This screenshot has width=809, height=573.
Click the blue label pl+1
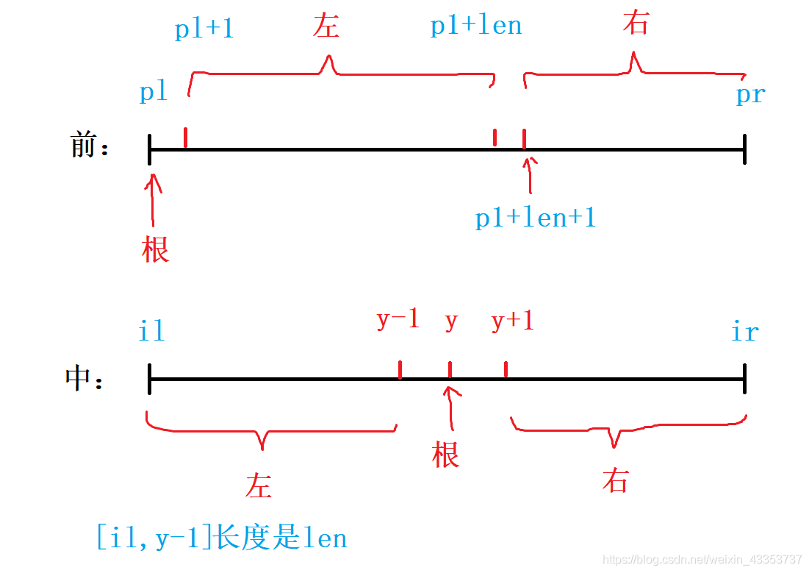click(204, 29)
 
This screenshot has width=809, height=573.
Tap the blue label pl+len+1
click(535, 218)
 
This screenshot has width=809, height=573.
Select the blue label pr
click(750, 95)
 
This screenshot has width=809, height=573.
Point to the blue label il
click(151, 332)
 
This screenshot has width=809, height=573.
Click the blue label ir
click(744, 332)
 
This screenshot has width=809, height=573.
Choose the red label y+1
click(512, 320)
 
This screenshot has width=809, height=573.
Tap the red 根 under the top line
click(155, 249)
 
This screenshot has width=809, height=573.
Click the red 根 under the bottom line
click(445, 455)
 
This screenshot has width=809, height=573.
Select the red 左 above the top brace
click(326, 26)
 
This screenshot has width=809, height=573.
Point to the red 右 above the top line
click(636, 24)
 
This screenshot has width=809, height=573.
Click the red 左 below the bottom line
click(259, 486)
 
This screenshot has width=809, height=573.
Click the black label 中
click(79, 378)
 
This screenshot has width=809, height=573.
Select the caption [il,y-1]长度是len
click(221, 538)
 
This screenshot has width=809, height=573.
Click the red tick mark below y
click(450, 369)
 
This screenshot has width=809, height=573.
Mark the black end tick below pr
click(744, 150)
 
